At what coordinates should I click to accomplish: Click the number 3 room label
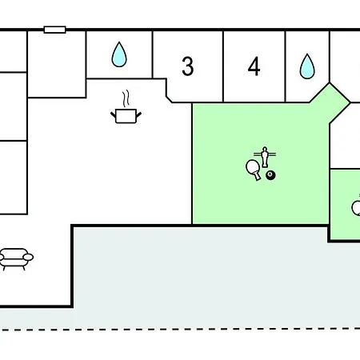[188, 66]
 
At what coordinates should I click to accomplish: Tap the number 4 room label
[254, 66]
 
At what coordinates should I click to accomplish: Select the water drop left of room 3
[119, 54]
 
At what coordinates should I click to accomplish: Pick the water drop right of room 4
[307, 66]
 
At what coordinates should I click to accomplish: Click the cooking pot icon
[126, 116]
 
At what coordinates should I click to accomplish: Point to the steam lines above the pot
[126, 98]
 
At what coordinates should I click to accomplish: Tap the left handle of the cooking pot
[114, 115]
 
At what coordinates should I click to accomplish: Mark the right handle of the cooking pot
[138, 115]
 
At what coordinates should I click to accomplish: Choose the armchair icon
[16, 259]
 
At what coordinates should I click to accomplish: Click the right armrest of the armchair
[28, 257]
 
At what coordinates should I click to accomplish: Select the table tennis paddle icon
[253, 170]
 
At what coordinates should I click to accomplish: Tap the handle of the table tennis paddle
[258, 176]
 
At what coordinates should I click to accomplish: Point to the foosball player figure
[265, 157]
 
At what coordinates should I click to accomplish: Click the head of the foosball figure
[265, 149]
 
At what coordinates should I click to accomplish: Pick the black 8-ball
[270, 175]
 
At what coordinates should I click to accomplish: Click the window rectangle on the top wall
[54, 30]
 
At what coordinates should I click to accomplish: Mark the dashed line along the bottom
[180, 329]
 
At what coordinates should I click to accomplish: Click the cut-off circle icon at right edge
[356, 208]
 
